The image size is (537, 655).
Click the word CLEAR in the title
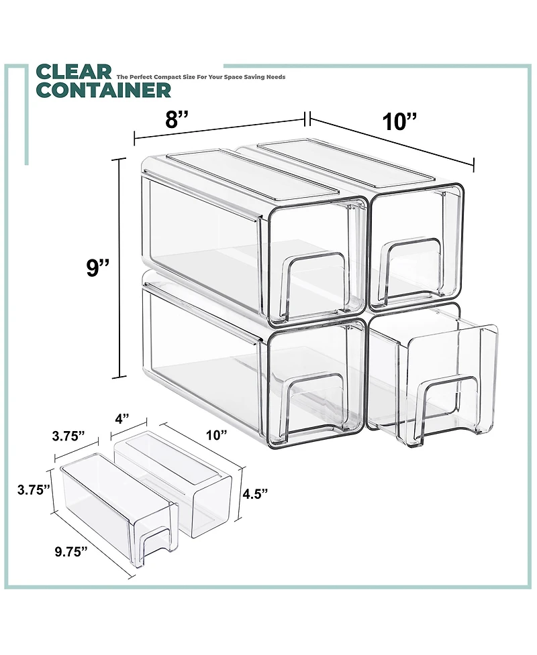[x=73, y=72]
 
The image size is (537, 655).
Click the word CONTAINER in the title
[x=104, y=89]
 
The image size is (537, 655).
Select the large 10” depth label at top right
[x=400, y=122]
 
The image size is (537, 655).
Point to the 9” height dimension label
[x=92, y=268]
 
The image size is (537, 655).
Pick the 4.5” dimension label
[x=256, y=493]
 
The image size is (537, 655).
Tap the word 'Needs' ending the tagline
[x=276, y=77]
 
